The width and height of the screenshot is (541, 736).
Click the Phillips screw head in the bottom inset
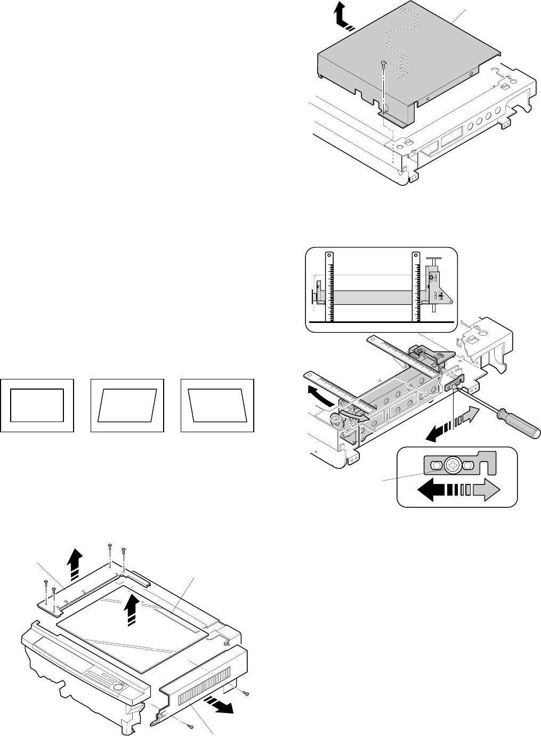click(x=453, y=465)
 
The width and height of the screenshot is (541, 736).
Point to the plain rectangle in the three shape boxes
click(x=37, y=405)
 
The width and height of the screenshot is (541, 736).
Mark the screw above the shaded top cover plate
click(x=384, y=64)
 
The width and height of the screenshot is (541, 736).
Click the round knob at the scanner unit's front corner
click(x=335, y=420)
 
